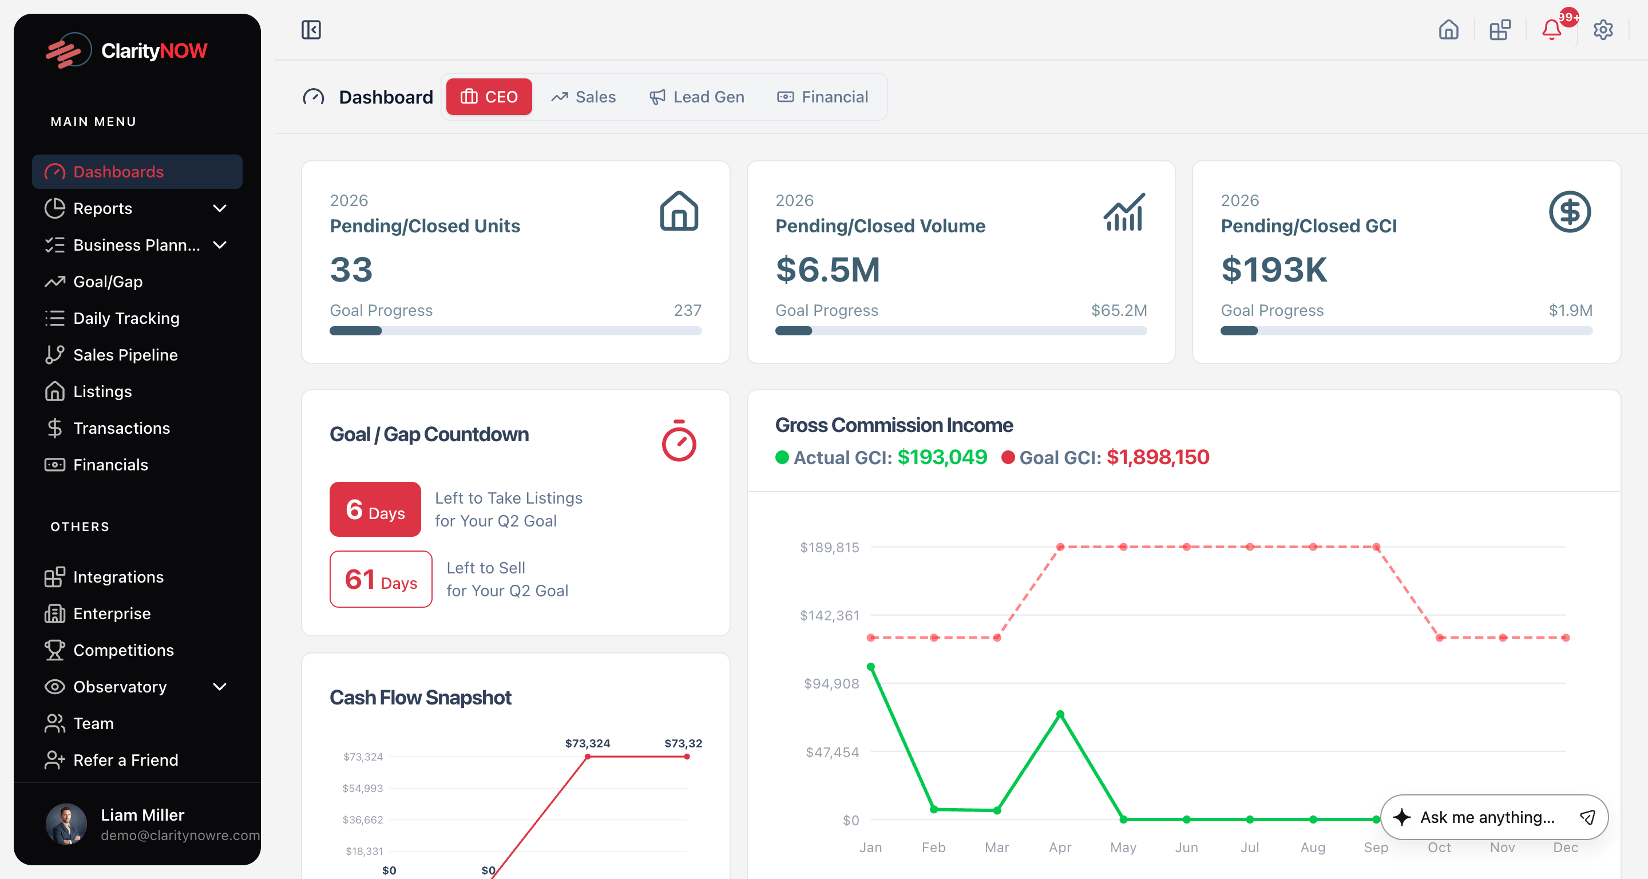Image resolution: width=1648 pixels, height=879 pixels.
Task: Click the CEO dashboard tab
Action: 489,97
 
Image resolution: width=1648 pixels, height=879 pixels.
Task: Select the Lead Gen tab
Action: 697,97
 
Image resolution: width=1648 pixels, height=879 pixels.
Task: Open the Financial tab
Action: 823,97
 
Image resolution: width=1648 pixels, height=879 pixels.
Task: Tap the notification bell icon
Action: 1551,29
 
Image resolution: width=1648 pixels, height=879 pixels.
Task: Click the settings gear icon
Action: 1603,29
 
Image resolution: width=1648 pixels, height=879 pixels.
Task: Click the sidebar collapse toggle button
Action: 311,29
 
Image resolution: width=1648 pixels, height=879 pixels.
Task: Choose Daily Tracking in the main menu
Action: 126,318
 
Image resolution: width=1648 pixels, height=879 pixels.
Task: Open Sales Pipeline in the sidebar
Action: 125,354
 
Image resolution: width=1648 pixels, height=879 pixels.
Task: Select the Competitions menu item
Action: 124,650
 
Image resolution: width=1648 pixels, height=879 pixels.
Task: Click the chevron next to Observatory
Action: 219,687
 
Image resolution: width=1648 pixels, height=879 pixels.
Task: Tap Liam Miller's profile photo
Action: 66,824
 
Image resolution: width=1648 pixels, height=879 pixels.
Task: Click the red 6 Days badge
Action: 375,509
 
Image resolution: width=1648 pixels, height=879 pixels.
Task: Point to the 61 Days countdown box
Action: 381,579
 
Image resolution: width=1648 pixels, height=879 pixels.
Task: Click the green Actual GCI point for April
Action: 1060,714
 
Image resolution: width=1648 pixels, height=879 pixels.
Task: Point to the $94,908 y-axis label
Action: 831,683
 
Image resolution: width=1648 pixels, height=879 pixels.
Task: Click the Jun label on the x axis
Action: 1186,847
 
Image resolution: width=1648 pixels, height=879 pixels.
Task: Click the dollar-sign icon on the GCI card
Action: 1569,212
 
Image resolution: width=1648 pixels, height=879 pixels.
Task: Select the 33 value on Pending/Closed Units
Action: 351,270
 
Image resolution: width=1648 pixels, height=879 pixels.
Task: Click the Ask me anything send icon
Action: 1587,817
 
